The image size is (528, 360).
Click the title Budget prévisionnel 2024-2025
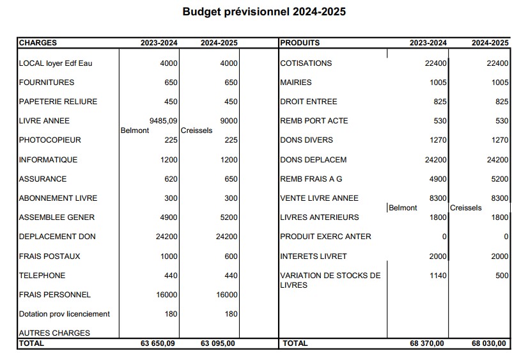[264, 12]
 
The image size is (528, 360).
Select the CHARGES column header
[38, 43]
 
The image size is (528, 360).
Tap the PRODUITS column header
[300, 43]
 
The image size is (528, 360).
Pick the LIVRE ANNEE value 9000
[228, 121]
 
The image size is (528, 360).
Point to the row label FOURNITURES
[47, 82]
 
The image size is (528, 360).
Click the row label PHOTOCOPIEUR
[50, 140]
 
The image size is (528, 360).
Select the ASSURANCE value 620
[171, 179]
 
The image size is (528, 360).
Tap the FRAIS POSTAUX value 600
[231, 256]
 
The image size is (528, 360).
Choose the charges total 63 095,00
[219, 343]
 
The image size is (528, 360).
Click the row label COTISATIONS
[306, 63]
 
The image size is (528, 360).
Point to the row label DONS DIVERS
[306, 140]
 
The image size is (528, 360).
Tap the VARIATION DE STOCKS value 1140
[438, 276]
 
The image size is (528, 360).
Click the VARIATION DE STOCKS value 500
[502, 276]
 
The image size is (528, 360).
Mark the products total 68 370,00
[428, 343]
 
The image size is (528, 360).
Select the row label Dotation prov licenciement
[65, 314]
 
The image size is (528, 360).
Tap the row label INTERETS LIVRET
[313, 256]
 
